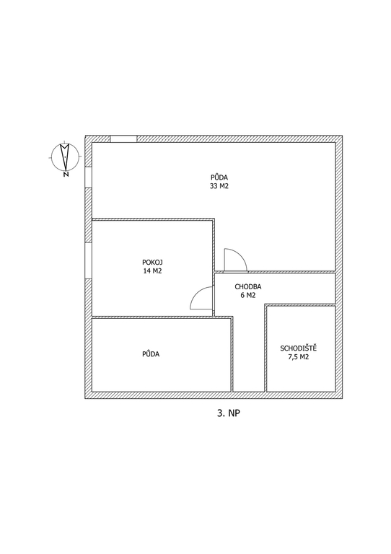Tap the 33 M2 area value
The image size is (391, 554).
(219, 186)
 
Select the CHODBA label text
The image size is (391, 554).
(248, 287)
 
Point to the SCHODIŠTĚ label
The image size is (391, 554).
(299, 348)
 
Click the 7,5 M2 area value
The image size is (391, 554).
(299, 357)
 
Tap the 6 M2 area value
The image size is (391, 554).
(248, 295)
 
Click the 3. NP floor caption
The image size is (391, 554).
(228, 413)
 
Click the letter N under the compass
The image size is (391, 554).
(66, 174)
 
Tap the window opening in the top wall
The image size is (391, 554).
(123, 138)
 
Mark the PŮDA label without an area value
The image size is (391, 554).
(151, 353)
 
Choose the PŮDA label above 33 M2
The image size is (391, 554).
(219, 177)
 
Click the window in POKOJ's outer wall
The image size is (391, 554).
(88, 260)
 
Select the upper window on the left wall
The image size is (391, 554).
(88, 177)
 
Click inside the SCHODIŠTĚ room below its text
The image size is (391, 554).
(301, 375)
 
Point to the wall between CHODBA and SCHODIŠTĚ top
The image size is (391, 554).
(300, 305)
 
